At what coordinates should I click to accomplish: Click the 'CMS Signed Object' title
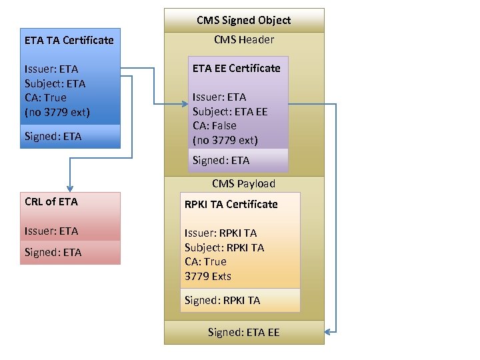(243, 20)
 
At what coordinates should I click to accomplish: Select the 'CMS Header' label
(243, 40)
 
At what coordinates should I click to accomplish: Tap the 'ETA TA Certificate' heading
(69, 40)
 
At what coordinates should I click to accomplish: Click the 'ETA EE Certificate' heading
(236, 68)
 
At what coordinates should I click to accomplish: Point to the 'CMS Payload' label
(243, 184)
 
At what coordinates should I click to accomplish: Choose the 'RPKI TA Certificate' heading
(231, 205)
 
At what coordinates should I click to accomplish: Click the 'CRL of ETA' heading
(51, 201)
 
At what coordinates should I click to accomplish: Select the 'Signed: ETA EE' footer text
(243, 332)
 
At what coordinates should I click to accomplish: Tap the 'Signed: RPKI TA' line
(222, 301)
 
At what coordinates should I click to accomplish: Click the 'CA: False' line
(214, 125)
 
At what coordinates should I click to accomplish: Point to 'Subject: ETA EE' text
(229, 111)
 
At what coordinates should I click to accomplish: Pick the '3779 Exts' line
(207, 276)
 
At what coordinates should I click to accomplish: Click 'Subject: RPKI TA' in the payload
(224, 247)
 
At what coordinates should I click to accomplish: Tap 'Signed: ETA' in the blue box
(53, 137)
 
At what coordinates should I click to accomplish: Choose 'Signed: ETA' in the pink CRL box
(53, 253)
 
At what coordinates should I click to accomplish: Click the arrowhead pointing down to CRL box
(69, 188)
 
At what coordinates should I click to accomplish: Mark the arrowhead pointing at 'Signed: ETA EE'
(329, 331)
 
